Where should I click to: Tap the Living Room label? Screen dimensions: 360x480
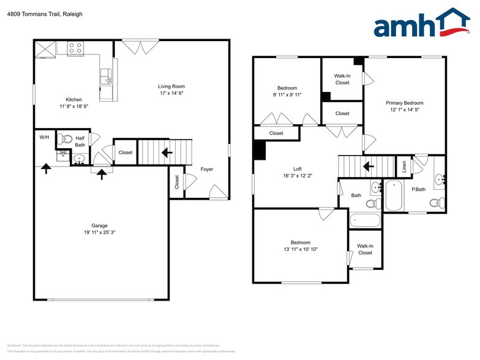(x=171, y=86)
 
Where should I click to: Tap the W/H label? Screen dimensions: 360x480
(x=44, y=137)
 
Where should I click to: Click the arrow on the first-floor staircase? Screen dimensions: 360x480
(x=167, y=153)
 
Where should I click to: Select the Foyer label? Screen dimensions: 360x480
(x=207, y=169)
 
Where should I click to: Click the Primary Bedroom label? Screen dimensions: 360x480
(x=404, y=103)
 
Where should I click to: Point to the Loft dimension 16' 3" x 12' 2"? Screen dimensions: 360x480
(x=297, y=176)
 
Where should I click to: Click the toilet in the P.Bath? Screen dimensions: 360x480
(x=436, y=203)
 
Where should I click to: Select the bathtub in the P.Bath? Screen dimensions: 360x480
(x=392, y=195)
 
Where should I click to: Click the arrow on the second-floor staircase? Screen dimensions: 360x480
(x=368, y=165)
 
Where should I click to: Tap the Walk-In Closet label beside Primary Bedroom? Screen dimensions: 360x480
(x=342, y=79)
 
